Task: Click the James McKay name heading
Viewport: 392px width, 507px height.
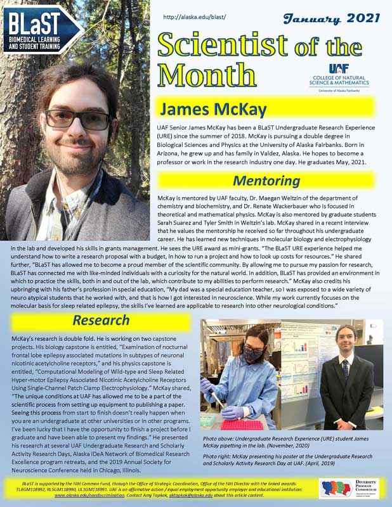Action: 212,109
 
